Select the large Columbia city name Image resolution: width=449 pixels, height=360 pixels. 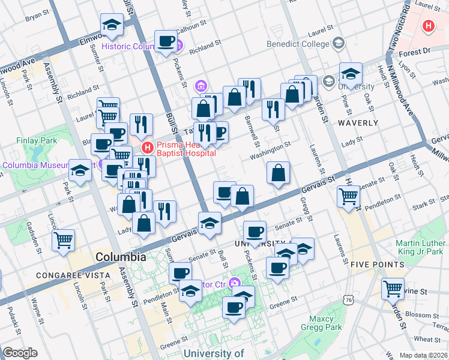121,257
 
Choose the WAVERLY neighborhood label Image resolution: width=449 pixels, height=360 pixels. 358,123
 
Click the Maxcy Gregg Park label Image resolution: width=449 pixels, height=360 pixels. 325,323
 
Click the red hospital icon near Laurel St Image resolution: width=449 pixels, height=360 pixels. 428,26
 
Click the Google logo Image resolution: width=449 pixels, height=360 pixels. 20,353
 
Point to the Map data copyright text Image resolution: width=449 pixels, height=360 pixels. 424,355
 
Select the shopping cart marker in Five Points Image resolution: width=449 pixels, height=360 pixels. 393,289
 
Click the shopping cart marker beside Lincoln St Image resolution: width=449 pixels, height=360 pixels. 63,241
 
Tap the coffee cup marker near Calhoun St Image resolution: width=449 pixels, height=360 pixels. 166,41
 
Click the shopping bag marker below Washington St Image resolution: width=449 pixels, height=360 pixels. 279,173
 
